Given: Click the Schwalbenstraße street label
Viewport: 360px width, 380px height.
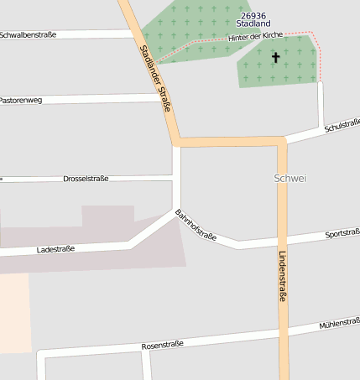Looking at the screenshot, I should click(28, 35).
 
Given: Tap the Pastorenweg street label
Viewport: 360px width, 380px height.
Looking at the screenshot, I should click(20, 100).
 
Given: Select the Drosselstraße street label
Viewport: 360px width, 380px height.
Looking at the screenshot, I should click(86, 179).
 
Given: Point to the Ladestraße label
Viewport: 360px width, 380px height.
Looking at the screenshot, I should click(56, 249).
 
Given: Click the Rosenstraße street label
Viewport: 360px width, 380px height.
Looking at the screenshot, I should click(163, 345).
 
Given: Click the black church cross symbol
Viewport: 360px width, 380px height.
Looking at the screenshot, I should click(275, 58).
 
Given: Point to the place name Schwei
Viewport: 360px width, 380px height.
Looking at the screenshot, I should click(290, 179).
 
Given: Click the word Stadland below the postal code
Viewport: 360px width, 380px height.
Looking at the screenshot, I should click(253, 23).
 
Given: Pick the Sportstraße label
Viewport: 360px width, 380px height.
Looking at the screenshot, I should click(342, 233).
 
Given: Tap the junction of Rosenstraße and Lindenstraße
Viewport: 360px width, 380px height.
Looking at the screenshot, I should click(282, 333).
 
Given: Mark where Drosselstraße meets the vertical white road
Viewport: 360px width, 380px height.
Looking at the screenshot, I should click(176, 176).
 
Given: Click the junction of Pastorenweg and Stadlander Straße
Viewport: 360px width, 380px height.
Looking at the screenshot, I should click(165, 97).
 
